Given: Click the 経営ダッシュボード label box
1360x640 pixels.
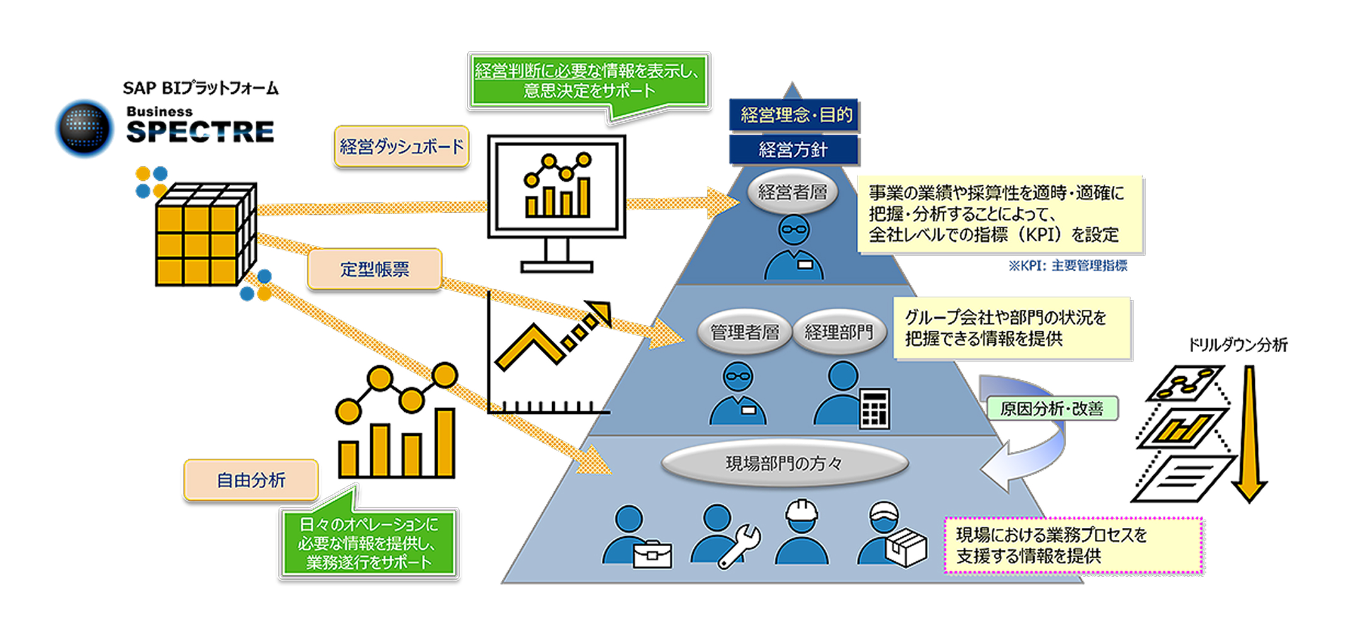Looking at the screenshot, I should pos(401,147).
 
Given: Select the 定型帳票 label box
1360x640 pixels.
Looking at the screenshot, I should pos(375,269).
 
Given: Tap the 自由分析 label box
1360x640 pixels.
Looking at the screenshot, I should pos(251,480).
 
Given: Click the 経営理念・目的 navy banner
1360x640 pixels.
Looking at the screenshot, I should pos(794,115).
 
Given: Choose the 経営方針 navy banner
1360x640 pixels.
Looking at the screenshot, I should pos(793,150).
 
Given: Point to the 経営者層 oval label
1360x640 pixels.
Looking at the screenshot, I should pos(792,191).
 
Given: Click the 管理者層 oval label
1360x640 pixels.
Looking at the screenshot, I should pos(744,332).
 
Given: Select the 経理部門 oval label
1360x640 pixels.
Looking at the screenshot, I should pos(839,332).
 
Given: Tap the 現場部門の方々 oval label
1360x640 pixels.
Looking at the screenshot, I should pos(784,464).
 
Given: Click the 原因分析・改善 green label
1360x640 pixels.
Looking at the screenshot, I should pos(1051,409).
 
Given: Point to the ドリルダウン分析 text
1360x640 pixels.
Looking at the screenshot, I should pos(1237,345).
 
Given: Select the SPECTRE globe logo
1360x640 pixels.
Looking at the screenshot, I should pos(84,128).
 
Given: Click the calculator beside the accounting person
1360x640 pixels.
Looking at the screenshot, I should pos(875,408).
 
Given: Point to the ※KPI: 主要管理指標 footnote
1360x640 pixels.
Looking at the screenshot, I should pos(1067,266).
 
